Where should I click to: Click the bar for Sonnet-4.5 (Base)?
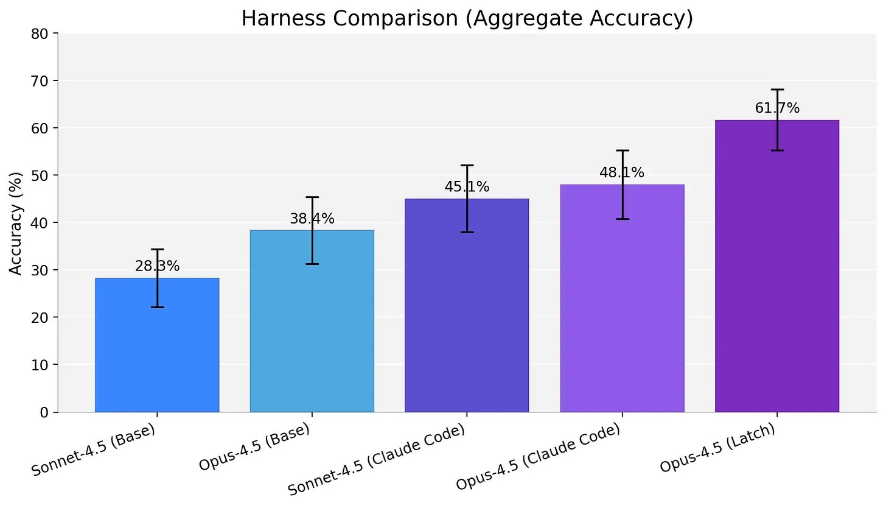click(157, 353)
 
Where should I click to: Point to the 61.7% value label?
click(777, 108)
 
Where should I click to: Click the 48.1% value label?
click(622, 173)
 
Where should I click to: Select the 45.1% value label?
click(467, 187)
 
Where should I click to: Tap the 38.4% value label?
click(312, 219)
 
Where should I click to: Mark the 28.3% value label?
click(157, 266)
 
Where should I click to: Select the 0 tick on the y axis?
click(44, 412)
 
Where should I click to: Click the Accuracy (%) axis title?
click(16, 223)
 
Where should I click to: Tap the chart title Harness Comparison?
click(467, 19)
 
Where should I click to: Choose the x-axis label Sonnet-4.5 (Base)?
click(94, 453)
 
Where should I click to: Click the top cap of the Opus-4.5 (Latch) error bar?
click(777, 90)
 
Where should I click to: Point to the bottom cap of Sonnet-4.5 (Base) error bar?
click(157, 307)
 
